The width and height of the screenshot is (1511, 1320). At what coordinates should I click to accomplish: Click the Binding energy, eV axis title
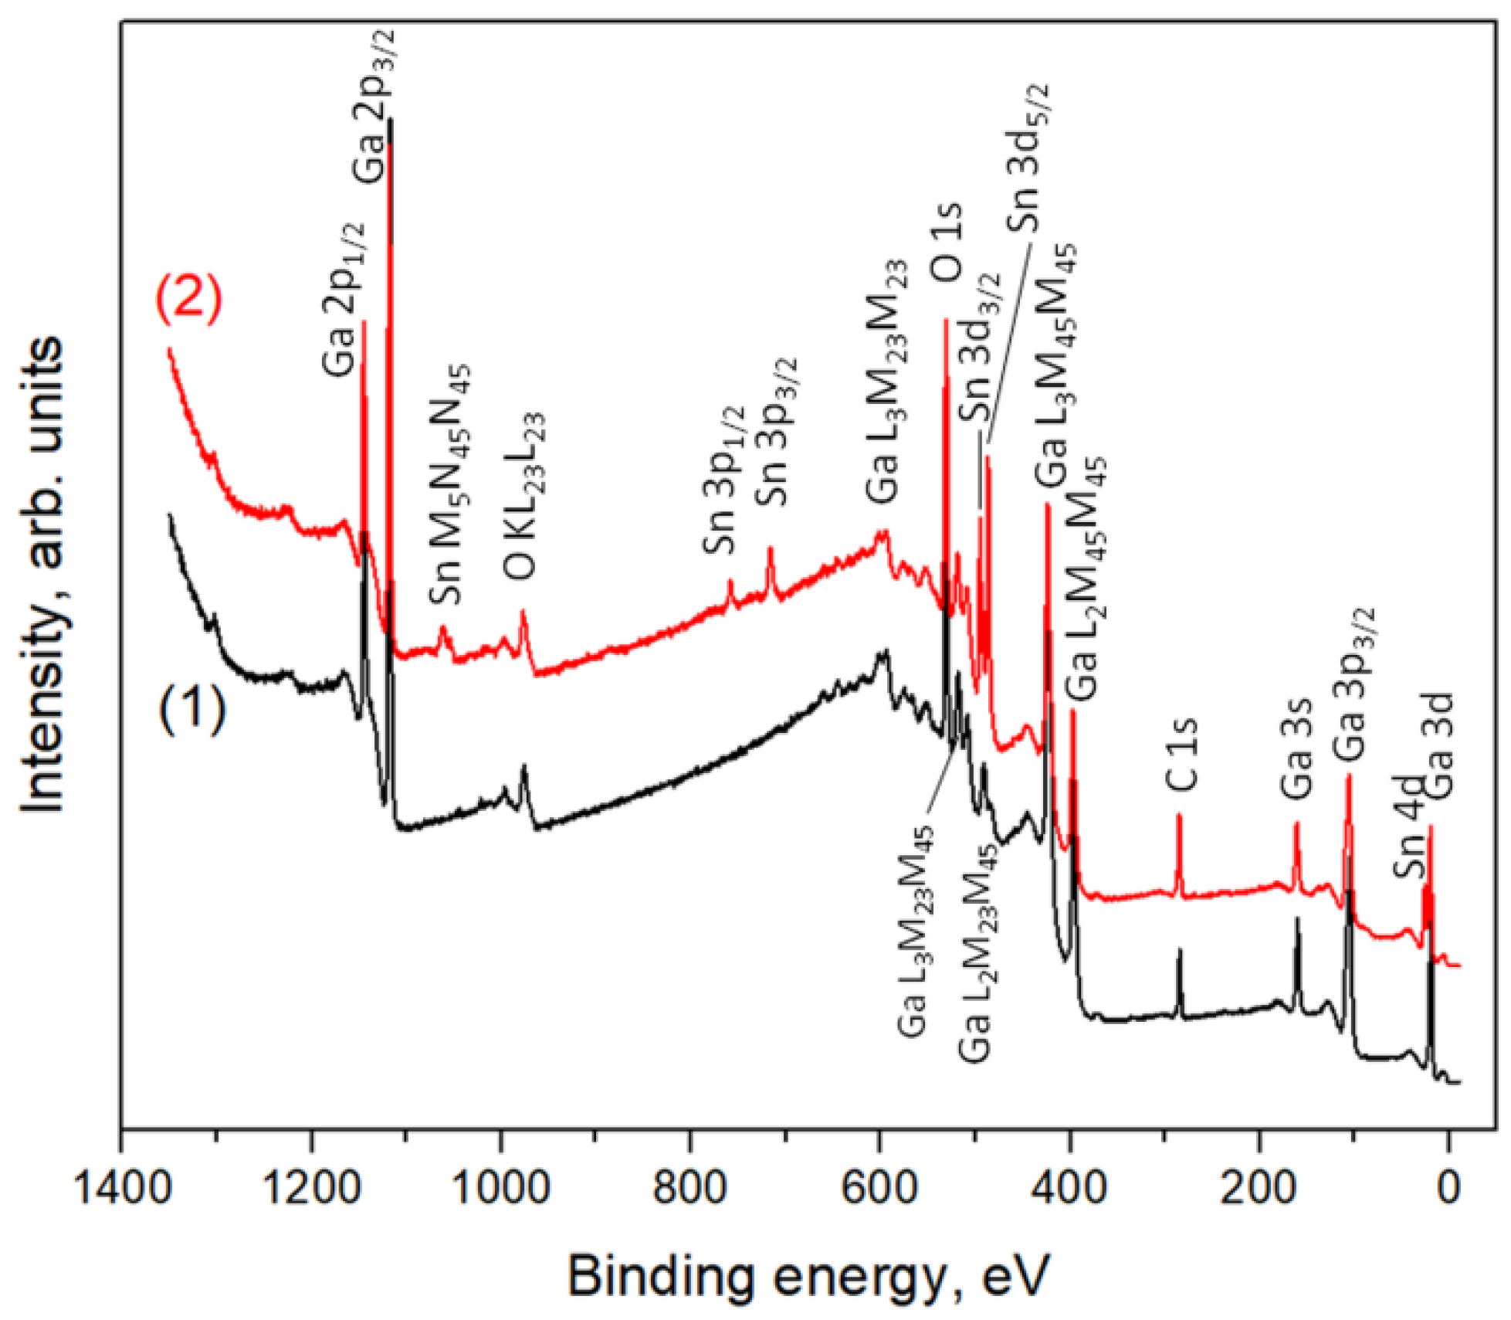point(808,1277)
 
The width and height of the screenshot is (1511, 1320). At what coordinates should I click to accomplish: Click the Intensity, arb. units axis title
point(42,575)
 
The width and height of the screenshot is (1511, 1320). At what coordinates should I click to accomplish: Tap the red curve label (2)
point(190,300)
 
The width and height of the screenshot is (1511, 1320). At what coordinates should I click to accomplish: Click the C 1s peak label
point(1182,755)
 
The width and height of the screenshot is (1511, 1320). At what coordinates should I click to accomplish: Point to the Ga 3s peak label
point(1297,748)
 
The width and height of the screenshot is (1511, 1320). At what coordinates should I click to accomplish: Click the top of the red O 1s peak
point(946,319)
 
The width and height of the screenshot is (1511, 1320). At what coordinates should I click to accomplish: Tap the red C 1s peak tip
point(1179,815)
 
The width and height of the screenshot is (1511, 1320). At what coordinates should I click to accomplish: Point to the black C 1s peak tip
point(1179,949)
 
